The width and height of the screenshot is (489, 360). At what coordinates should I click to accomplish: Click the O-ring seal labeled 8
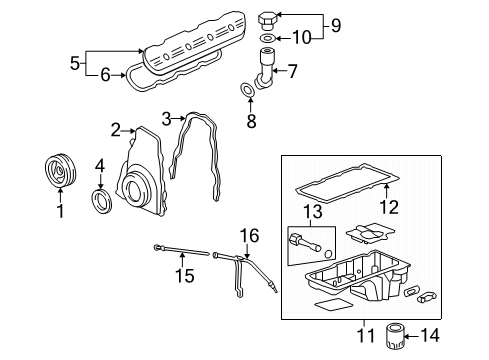(x=246, y=93)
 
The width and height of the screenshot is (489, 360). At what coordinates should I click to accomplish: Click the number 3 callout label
(x=166, y=118)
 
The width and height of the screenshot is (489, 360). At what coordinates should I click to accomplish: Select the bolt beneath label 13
(x=304, y=239)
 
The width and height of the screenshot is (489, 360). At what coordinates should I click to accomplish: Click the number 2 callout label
(x=115, y=129)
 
